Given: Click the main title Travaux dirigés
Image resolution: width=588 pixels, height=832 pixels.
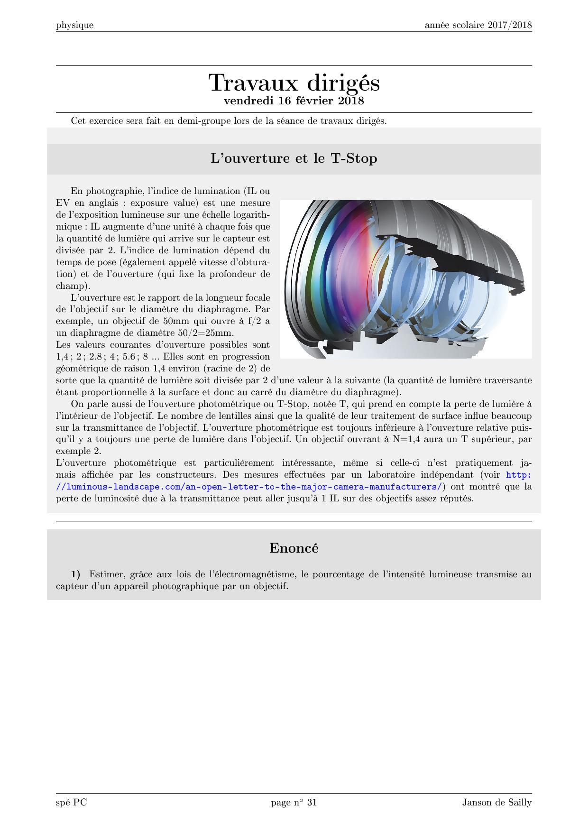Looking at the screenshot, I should coord(294,83).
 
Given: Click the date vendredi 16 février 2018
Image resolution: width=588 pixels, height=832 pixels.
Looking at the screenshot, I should coord(294,101).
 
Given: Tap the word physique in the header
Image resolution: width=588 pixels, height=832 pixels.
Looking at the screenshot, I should coord(74,25).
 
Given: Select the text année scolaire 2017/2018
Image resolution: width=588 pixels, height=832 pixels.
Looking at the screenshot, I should coord(478,25).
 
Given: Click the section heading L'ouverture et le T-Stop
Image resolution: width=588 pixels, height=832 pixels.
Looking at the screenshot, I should coord(294,158).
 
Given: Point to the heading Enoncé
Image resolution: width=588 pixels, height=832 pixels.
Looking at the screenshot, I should coord(294,548).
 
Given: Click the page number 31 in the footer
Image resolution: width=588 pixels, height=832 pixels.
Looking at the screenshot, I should coord(312,803).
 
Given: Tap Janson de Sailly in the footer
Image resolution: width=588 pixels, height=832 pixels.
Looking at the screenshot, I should coord(497,803).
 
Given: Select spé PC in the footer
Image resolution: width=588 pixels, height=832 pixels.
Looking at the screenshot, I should coord(72,803).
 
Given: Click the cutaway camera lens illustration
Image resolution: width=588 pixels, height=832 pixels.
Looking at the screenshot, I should coord(406,279).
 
